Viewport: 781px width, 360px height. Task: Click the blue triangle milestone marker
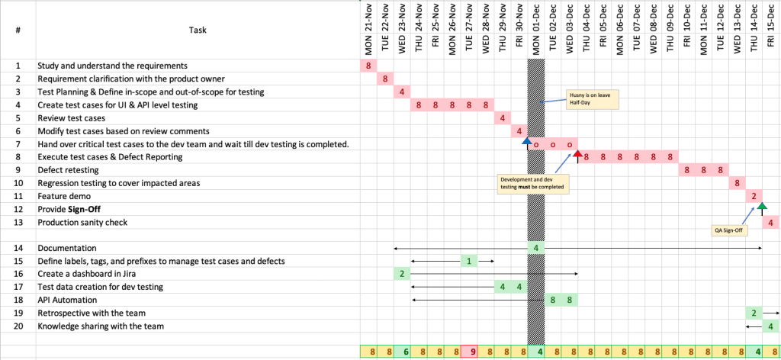527,141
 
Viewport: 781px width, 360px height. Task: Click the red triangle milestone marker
577,153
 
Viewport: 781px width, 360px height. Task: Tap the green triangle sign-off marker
762,205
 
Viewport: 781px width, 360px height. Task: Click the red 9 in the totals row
469,352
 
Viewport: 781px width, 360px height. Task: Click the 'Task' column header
198,30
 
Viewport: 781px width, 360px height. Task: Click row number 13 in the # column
18,222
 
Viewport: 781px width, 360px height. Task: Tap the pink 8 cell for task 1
368,66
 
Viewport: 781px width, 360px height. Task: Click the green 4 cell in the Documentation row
536,248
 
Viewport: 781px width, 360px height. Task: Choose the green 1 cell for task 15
469,261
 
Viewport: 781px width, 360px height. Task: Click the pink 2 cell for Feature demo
754,196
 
